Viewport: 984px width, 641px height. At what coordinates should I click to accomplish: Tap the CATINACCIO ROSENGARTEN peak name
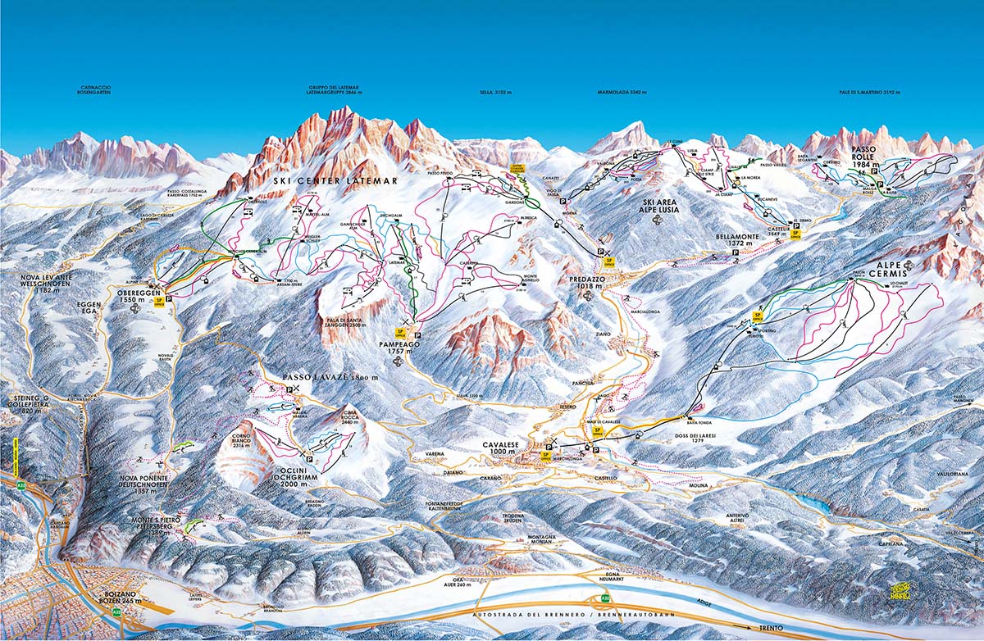click(x=95, y=90)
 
